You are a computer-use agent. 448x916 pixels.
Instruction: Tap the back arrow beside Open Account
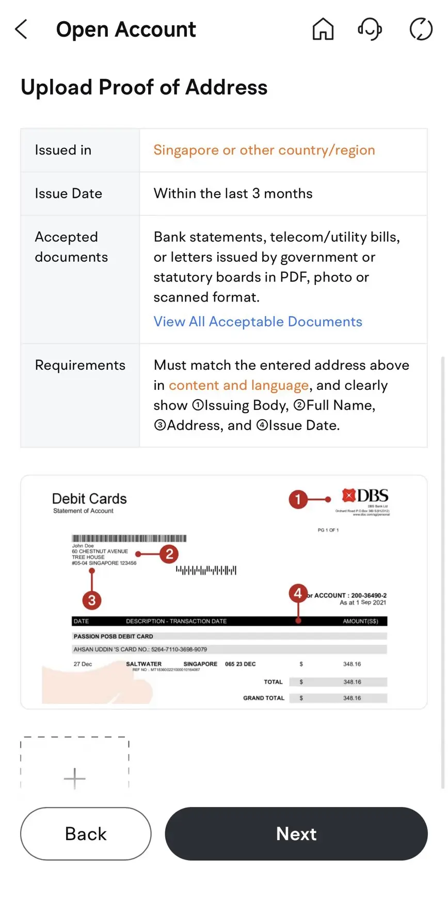(x=21, y=29)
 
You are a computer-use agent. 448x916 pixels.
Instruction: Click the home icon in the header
(x=323, y=29)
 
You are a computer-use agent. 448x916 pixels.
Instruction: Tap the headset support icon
(x=370, y=29)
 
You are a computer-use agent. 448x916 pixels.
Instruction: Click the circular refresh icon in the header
(x=421, y=29)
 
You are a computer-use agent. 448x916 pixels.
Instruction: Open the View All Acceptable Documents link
(x=258, y=322)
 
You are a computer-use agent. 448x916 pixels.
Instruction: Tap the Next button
(x=296, y=833)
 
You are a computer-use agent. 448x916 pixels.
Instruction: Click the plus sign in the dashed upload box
(x=74, y=778)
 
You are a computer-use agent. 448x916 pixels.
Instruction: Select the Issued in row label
(x=63, y=150)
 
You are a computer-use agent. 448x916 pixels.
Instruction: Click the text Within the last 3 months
(x=233, y=194)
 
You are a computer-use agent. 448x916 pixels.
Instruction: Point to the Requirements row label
(x=80, y=365)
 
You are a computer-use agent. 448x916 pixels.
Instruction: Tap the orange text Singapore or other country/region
(x=264, y=150)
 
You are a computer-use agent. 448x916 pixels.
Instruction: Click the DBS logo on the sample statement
(x=365, y=496)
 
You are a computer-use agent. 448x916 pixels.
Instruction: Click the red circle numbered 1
(x=298, y=499)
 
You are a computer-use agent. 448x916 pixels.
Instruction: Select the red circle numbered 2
(x=169, y=554)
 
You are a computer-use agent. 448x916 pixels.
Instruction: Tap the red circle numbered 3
(x=92, y=600)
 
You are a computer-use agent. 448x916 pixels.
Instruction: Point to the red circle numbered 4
(x=298, y=593)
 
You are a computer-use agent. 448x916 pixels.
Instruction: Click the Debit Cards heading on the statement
(x=89, y=499)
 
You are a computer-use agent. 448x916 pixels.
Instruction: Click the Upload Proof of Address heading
(x=144, y=87)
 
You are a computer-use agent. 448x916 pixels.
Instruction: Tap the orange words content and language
(x=238, y=385)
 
